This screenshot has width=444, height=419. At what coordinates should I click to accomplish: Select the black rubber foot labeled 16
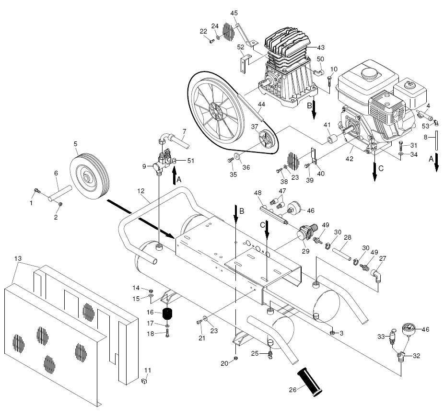[167, 314]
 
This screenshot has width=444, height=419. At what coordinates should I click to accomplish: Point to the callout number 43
[321, 47]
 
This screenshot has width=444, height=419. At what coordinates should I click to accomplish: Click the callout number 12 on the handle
[141, 191]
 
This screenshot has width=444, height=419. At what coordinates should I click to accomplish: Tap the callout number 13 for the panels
[18, 258]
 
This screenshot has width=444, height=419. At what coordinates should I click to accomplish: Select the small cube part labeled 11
[144, 381]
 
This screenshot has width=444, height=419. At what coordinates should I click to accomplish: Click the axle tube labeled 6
[60, 192]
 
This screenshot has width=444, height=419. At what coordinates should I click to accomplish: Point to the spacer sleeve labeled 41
[332, 140]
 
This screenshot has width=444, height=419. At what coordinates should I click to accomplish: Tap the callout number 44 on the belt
[261, 105]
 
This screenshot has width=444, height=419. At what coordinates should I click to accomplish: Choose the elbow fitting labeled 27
[376, 276]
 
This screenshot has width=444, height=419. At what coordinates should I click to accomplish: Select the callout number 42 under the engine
[350, 159]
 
